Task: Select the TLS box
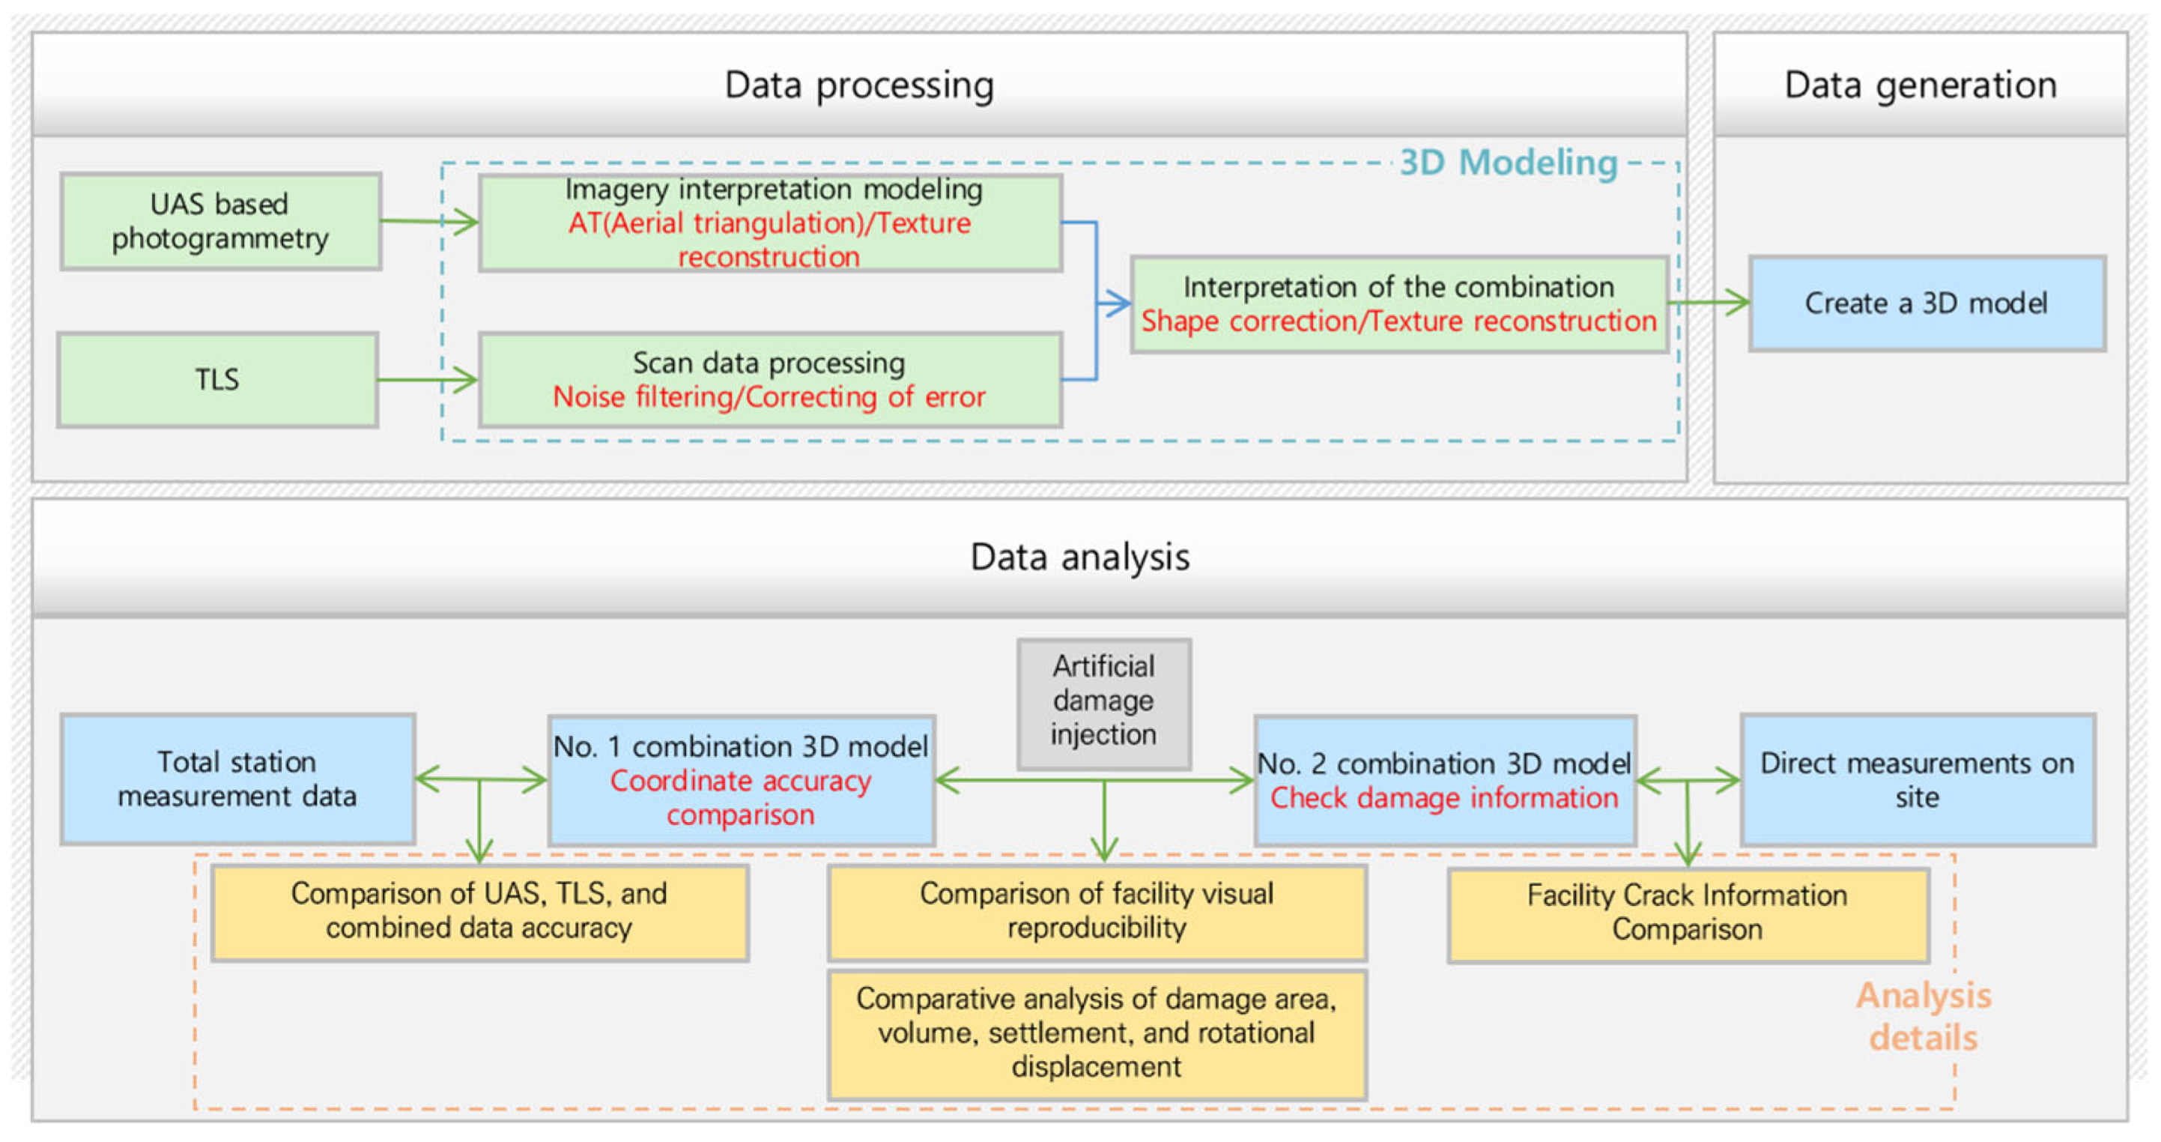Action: pos(217,380)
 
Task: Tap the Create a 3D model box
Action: pos(1926,303)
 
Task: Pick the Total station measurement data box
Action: pos(237,779)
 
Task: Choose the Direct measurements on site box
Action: pos(1917,779)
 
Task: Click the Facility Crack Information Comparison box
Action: pos(1687,913)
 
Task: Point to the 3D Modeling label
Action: pos(1509,162)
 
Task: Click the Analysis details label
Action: pos(1923,1016)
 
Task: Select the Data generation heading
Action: pos(1921,85)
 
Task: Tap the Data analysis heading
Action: pos(1079,558)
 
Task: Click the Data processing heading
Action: pos(859,85)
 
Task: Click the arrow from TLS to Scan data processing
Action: pos(428,380)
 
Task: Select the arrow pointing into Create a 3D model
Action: pos(1712,302)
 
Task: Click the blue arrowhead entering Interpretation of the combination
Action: pos(1116,303)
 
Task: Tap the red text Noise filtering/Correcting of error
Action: pos(769,397)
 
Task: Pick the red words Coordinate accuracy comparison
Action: pos(740,797)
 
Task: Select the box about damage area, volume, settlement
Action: pos(1097,1033)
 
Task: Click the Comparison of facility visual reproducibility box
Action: pos(1097,911)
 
